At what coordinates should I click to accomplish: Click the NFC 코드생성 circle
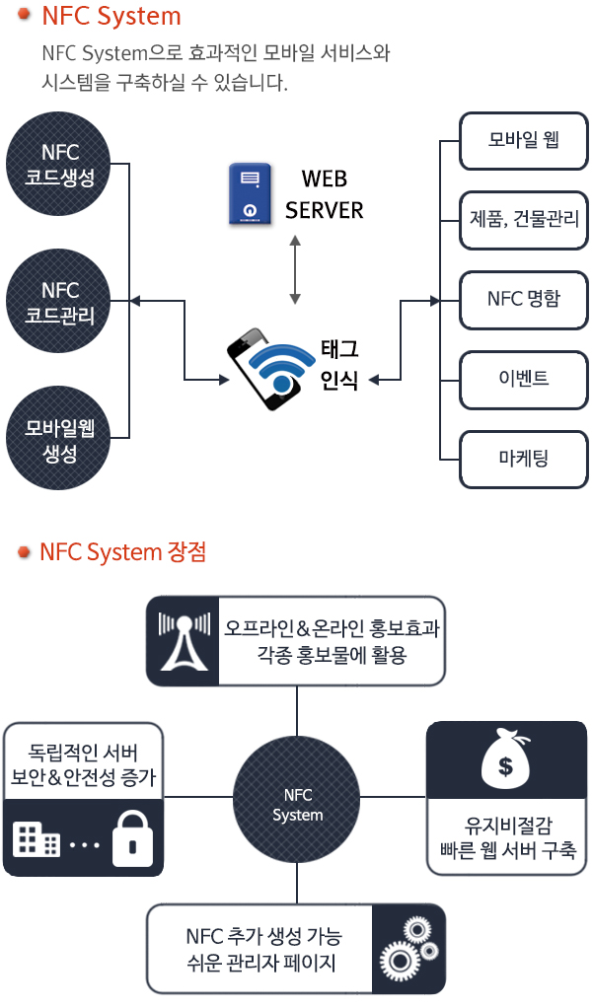point(58,164)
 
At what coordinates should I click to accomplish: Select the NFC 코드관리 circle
point(58,302)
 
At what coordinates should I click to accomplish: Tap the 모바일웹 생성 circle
point(58,439)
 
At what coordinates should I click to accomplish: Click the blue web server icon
point(250,194)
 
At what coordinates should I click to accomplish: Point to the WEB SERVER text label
point(324,194)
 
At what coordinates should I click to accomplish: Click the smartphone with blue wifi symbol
point(266,369)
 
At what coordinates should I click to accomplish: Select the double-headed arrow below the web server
point(295,269)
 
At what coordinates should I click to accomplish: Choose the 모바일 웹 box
point(524,141)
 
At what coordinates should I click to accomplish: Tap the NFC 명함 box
point(524,300)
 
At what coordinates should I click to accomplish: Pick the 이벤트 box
point(524,380)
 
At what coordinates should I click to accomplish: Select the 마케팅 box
point(524,460)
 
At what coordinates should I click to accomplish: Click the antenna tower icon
point(185,641)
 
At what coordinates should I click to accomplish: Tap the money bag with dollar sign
point(506,761)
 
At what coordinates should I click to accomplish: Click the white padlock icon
point(132,839)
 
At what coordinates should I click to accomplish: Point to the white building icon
point(36,839)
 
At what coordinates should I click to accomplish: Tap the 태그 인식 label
point(339,365)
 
